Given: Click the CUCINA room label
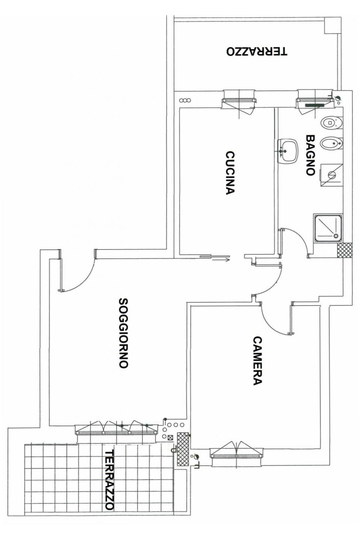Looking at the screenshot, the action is [x=230, y=172].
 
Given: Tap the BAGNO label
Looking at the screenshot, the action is [x=310, y=155].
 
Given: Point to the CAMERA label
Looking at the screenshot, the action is [x=257, y=361].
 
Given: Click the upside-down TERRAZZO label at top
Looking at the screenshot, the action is [x=257, y=51].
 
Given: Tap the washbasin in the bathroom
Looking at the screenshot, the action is [x=288, y=151].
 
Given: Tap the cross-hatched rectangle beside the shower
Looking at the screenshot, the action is [x=345, y=251].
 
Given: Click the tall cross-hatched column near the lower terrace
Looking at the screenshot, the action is [x=183, y=449].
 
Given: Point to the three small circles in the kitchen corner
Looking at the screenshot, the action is [x=185, y=100].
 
